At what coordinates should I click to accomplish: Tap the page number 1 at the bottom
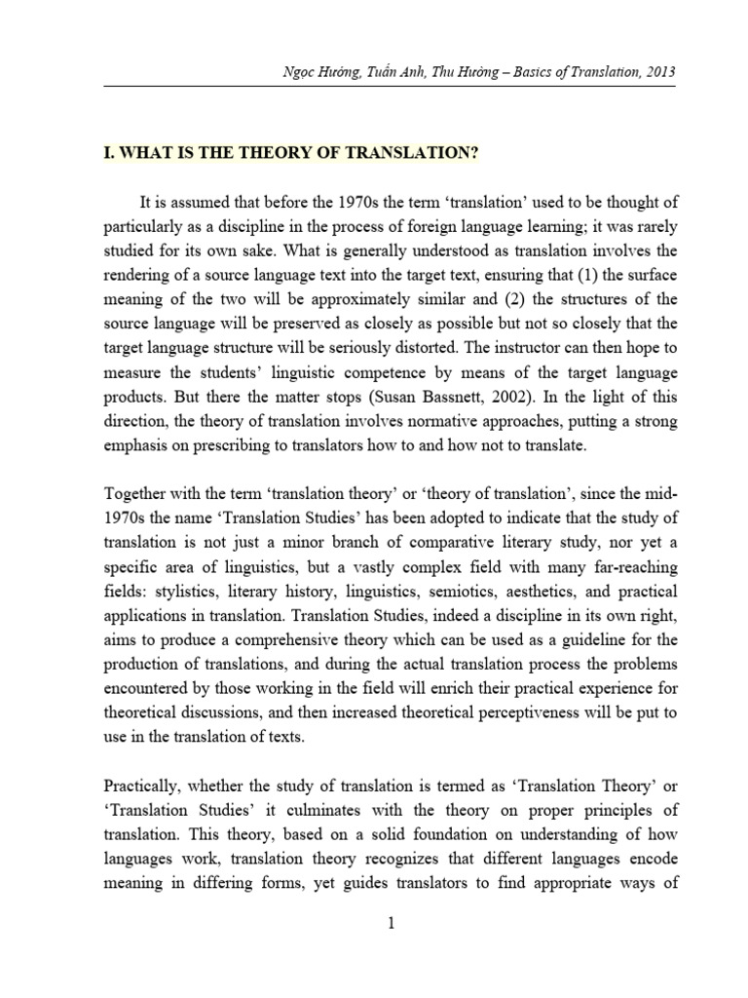point(390,927)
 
